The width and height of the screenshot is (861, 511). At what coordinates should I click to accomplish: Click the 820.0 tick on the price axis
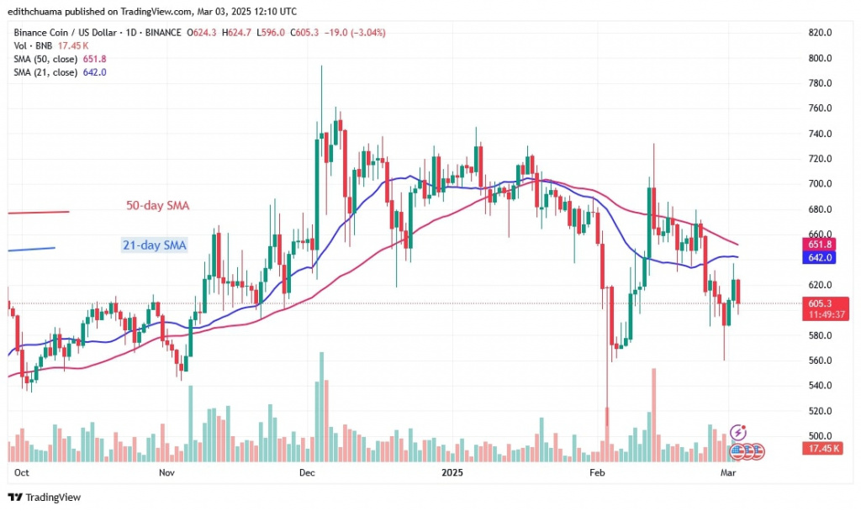[x=819, y=33]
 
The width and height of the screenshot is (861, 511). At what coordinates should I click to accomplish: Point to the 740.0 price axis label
[x=819, y=134]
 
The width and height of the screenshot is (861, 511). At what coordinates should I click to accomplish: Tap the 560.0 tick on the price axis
[x=819, y=361]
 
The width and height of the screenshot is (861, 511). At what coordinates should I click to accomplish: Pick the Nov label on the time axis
[x=166, y=472]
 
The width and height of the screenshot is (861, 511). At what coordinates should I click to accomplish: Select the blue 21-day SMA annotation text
[x=154, y=245]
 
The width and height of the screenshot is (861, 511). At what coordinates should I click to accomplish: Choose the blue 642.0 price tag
[x=819, y=260]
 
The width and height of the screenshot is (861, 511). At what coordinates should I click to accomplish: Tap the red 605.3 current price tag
[x=819, y=303]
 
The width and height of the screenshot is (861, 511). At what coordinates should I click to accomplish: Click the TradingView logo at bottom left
[x=47, y=496]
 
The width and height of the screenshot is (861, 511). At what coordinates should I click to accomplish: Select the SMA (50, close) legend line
[x=58, y=60]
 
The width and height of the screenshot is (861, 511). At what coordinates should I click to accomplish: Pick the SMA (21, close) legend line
[x=58, y=72]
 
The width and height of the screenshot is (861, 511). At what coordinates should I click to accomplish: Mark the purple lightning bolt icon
[x=738, y=431]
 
